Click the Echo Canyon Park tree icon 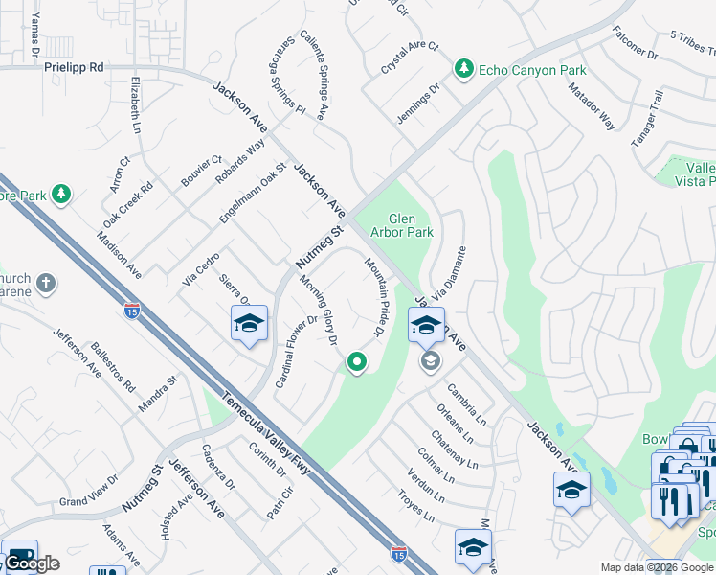464,69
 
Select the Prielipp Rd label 74,68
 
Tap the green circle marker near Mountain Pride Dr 357,362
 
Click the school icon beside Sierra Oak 249,324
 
